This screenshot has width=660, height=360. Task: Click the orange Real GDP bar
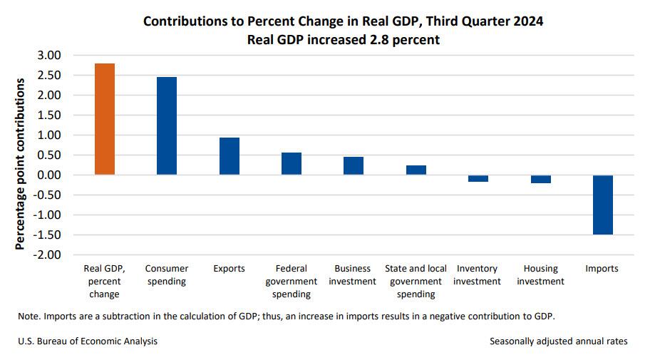coord(105,119)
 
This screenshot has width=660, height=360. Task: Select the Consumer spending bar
coord(167,125)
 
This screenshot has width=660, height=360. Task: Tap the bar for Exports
coord(229,156)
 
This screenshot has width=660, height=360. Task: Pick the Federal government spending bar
coord(292,163)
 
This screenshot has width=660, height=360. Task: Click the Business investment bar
coord(354,165)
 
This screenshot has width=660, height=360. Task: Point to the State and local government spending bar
coord(416,170)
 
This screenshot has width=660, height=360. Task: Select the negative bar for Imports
coord(602,205)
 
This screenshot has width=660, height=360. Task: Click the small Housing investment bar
coord(541,179)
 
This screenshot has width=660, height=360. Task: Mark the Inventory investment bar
coord(478,178)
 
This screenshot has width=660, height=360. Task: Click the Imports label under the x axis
coord(602,269)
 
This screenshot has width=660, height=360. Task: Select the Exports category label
coord(229,269)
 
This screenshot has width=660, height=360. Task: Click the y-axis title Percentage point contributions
coord(21,164)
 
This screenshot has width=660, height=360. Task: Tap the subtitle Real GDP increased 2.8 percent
coord(343,40)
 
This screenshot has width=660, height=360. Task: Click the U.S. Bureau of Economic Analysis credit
coord(88,341)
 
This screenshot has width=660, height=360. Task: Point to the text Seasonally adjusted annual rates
coord(559,341)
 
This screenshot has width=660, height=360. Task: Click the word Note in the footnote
coord(29,316)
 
